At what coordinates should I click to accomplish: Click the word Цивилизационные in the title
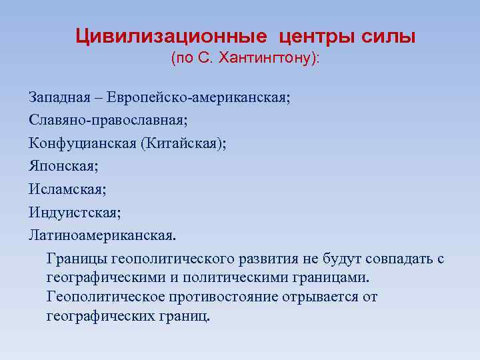171,35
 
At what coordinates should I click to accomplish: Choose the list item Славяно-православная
108,121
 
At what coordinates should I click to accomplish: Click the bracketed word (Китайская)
183,144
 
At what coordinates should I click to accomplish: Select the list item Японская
63,167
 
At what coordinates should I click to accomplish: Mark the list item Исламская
67,190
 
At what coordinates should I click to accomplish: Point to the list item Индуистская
75,213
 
